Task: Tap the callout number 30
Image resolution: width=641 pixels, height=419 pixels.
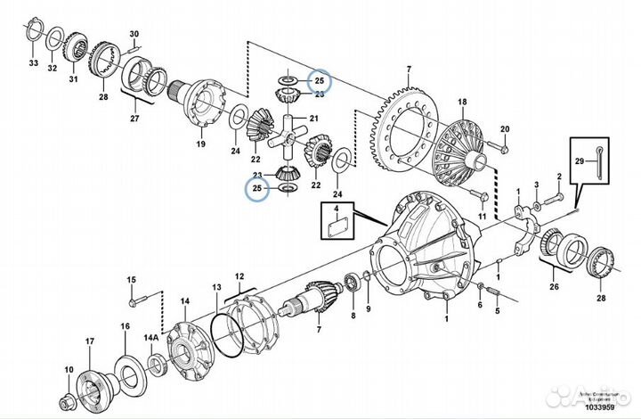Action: click(x=134, y=35)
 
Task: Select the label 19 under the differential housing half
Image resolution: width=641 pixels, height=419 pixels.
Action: click(x=201, y=143)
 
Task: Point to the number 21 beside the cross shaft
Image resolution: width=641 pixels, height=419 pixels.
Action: click(x=314, y=119)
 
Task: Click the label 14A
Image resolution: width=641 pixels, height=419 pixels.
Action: click(x=153, y=340)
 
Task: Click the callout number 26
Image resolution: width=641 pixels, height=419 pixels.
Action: click(x=555, y=287)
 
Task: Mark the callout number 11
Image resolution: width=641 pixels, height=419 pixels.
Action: click(x=482, y=216)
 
